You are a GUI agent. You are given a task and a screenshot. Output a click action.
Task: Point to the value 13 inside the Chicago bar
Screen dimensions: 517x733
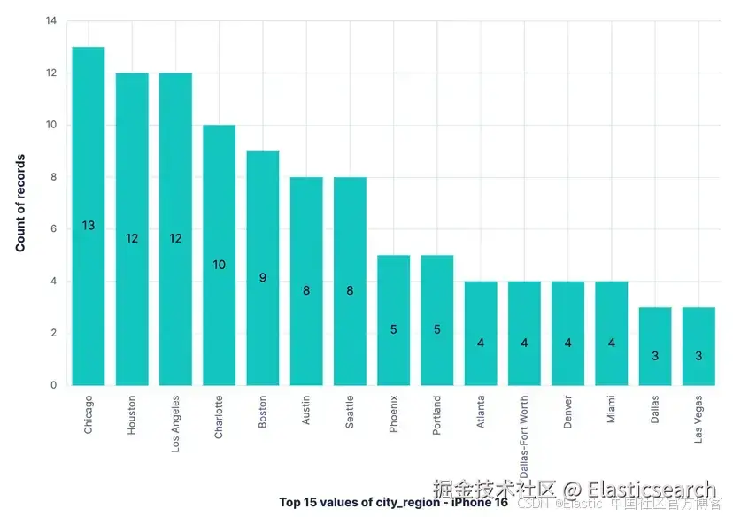coord(88,226)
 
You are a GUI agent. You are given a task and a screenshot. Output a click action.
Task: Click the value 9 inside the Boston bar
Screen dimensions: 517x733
coord(262,277)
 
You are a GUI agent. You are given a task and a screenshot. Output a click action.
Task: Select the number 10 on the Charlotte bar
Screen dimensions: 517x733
coord(219,265)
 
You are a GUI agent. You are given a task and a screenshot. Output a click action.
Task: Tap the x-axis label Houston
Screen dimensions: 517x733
coord(132,413)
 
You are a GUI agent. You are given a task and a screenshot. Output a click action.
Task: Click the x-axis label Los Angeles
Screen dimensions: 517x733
coord(176,423)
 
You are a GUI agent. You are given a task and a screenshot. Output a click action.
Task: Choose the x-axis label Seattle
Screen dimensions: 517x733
coord(350,412)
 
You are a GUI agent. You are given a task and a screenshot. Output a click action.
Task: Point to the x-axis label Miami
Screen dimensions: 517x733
coord(612,409)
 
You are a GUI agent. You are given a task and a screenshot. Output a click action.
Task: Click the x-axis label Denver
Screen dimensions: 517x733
coord(568,412)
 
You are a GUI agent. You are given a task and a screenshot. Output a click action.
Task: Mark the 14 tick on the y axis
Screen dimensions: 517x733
coord(50,20)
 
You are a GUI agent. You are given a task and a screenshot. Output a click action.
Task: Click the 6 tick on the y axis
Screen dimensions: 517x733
coord(53,228)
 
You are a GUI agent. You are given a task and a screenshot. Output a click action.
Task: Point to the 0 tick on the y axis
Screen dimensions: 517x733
coord(53,385)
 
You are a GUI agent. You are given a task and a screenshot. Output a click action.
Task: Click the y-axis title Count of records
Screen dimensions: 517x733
coord(20,203)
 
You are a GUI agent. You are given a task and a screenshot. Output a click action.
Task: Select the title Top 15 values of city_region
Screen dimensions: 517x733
coord(393,502)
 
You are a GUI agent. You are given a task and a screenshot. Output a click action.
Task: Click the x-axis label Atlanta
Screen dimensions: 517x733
coord(481,413)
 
